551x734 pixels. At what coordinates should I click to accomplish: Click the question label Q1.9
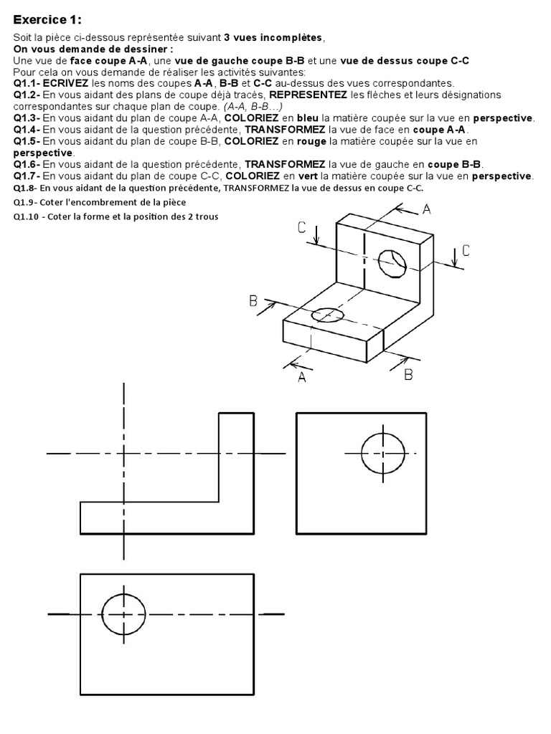click(25, 203)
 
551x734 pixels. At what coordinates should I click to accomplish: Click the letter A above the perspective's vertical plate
click(427, 209)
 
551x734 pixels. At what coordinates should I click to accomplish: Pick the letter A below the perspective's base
click(301, 378)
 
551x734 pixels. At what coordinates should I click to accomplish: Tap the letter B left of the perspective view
click(253, 301)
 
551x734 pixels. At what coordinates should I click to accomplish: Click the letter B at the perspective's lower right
click(408, 373)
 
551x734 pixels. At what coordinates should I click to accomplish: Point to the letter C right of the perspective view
click(466, 250)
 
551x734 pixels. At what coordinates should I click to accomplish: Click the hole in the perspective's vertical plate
click(392, 263)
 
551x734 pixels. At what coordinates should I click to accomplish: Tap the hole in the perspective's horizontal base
click(327, 314)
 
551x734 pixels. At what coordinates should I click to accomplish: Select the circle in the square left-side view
click(382, 453)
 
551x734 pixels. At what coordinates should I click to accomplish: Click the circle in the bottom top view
click(124, 614)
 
